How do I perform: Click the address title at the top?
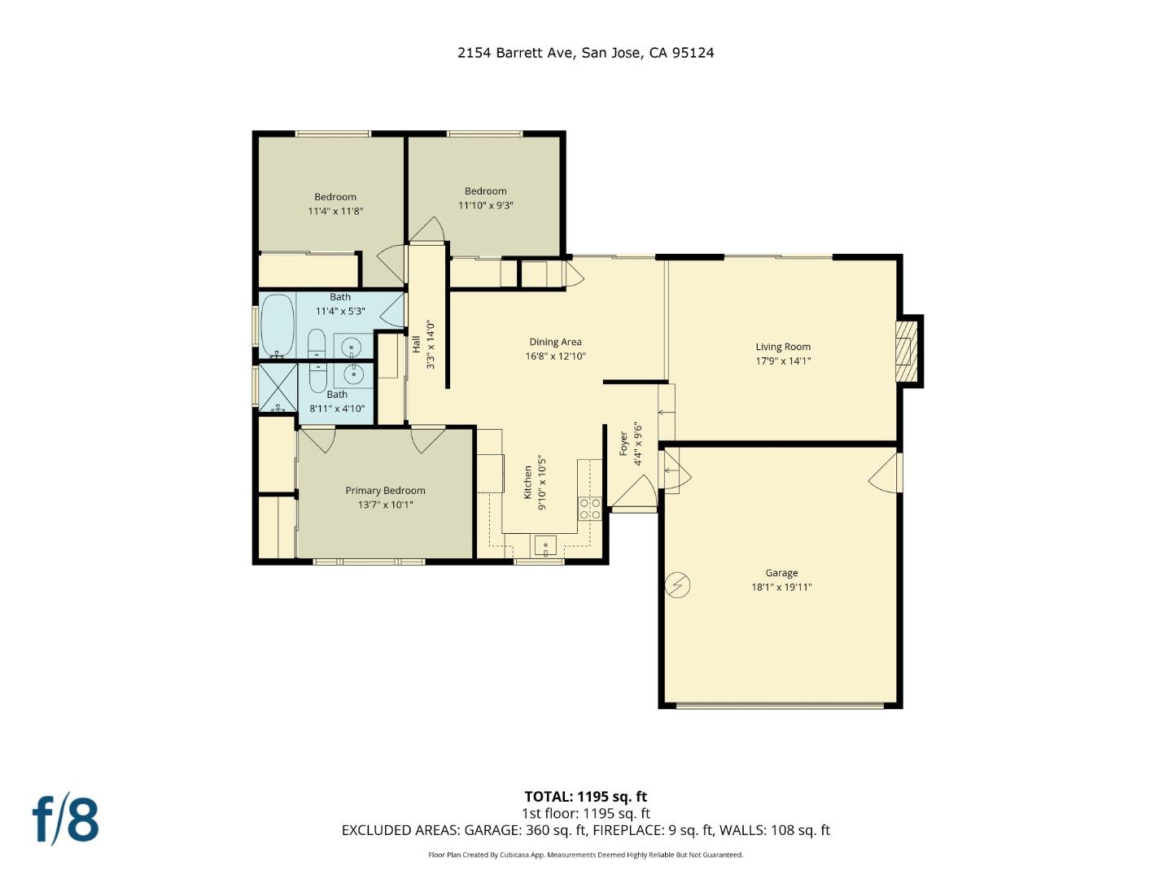tap(585, 53)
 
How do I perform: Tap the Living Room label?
tap(783, 347)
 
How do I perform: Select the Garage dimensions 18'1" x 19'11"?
tap(781, 587)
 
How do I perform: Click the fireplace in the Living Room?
tap(906, 350)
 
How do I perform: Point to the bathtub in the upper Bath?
tap(277, 326)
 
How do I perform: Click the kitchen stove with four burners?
tap(590, 509)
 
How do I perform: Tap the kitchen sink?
tap(544, 544)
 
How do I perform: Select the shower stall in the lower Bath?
tap(278, 387)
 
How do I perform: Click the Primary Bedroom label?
tap(385, 490)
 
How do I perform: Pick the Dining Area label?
tap(555, 342)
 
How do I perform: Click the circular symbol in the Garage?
tap(677, 585)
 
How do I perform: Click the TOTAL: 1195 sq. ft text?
tap(585, 797)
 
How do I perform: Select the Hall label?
tap(416, 343)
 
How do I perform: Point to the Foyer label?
tap(623, 444)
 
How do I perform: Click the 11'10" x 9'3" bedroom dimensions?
tap(485, 205)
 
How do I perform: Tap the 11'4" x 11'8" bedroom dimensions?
tap(335, 211)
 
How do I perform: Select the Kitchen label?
tap(527, 482)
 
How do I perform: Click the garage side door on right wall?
tap(887, 474)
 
